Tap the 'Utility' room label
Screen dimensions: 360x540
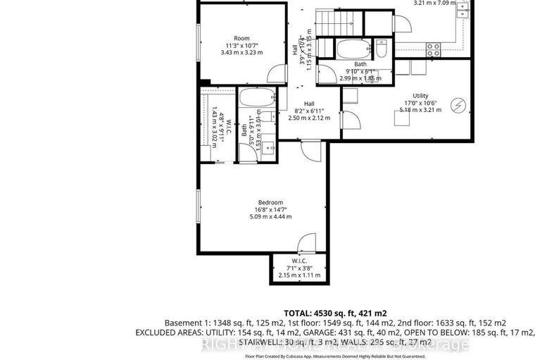pos(420,96)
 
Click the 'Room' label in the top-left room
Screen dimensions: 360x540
pos(242,38)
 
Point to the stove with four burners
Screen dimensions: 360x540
pos(433,49)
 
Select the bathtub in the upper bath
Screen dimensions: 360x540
pos(351,49)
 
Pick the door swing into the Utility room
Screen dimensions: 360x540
pos(350,120)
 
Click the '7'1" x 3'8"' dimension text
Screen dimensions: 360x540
pos(299,268)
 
